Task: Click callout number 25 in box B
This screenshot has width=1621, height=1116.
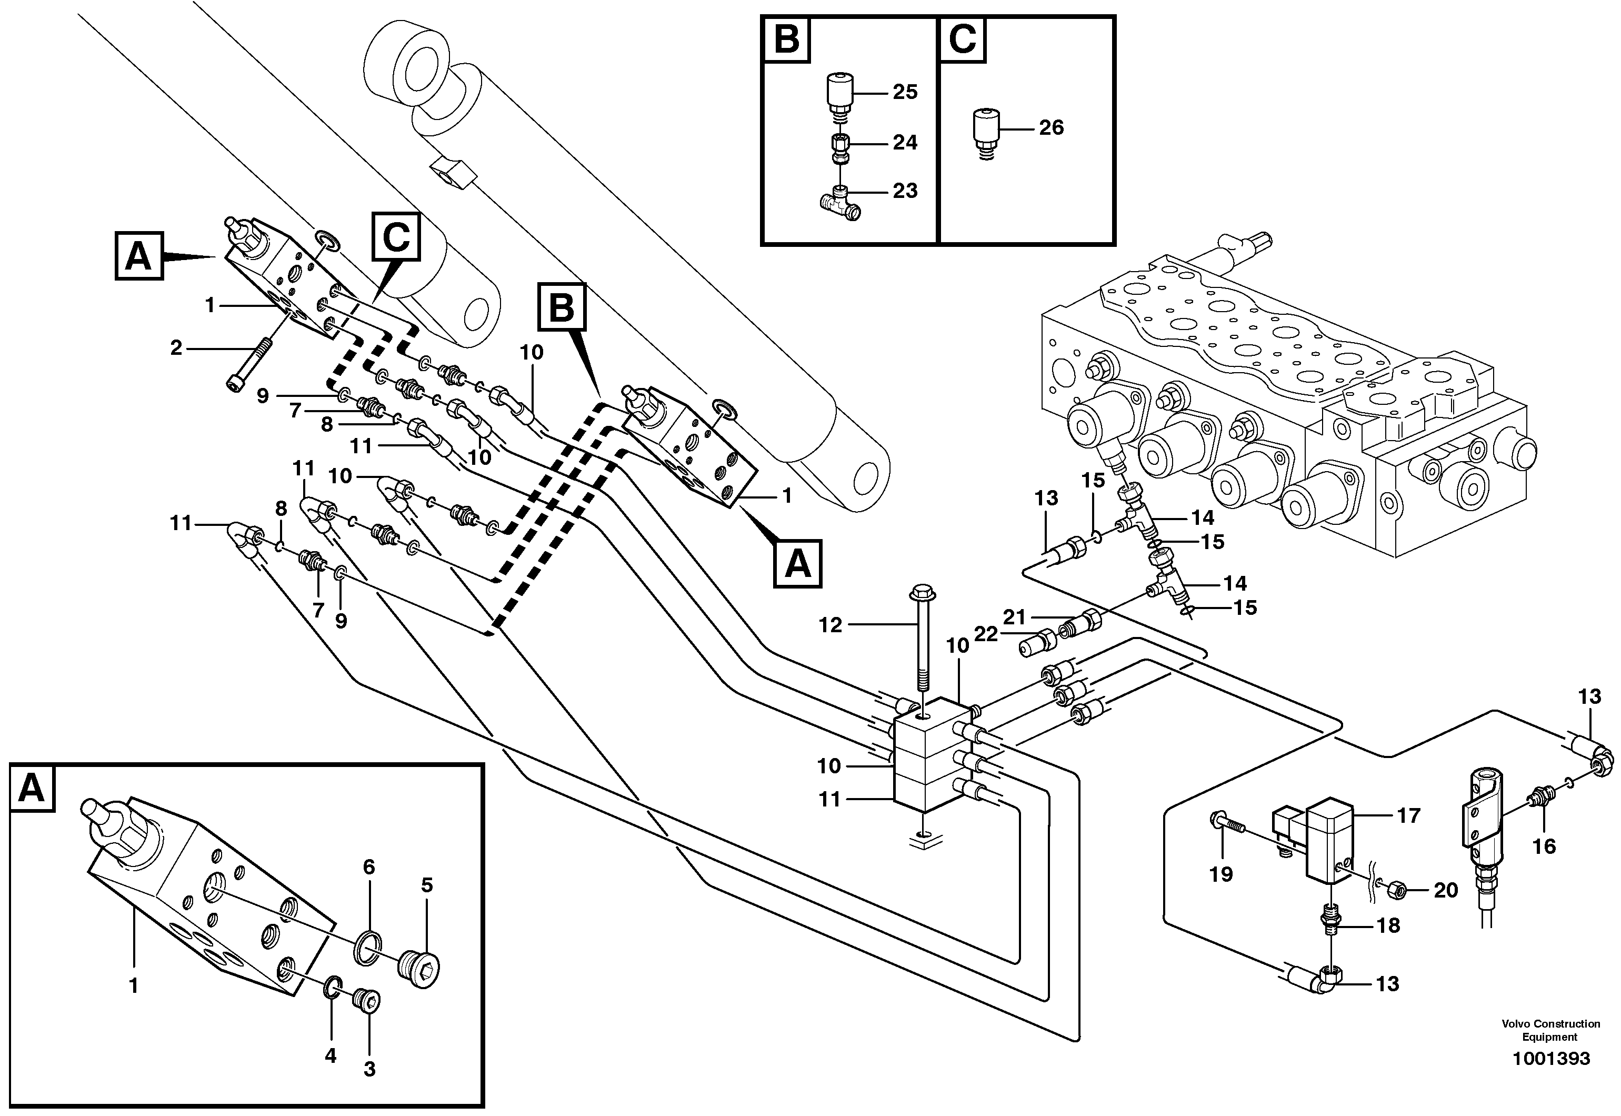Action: [x=905, y=92]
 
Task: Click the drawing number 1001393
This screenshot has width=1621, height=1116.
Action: [x=1550, y=1078]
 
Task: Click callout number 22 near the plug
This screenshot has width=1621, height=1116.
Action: [x=986, y=633]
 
